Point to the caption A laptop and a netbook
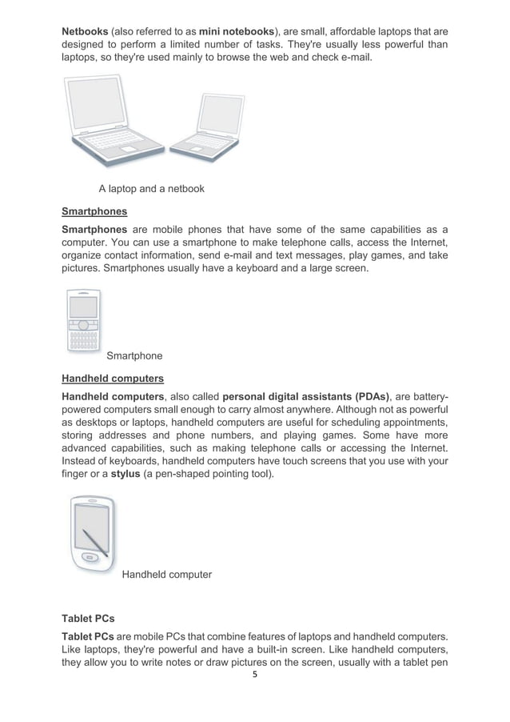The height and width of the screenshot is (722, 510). click(151, 190)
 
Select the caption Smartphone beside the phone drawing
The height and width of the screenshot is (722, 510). click(134, 355)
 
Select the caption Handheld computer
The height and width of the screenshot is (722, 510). click(166, 574)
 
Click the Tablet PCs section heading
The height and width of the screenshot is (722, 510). click(88, 619)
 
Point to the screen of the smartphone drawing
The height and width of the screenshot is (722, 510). click(84, 307)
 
